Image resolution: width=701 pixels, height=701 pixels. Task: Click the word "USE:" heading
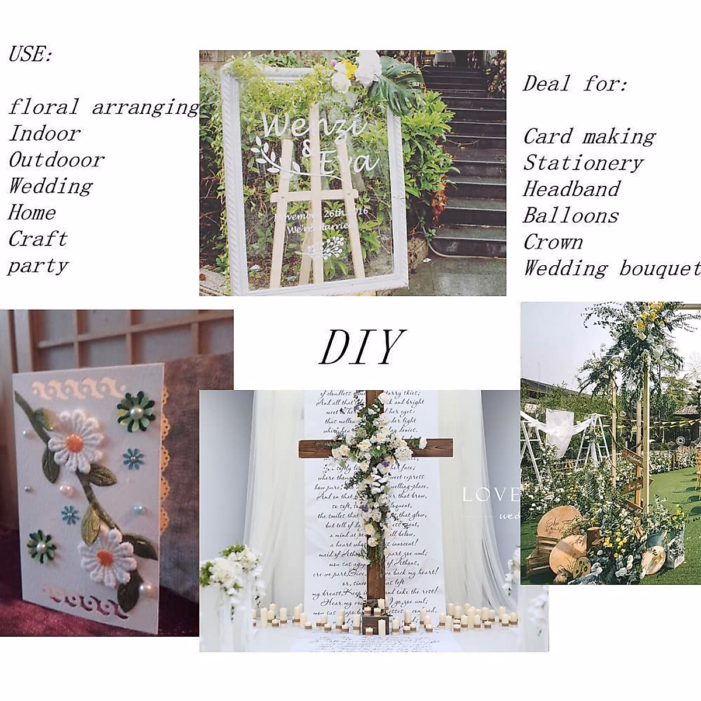31,54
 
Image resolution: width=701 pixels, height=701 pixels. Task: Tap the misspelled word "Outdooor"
57,159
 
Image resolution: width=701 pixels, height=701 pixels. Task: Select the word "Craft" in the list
38,238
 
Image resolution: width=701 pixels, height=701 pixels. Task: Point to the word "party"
39,266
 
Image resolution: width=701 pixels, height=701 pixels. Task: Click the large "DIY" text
362,347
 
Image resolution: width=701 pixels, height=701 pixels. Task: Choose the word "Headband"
572,189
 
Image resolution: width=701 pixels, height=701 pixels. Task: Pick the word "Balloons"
571,216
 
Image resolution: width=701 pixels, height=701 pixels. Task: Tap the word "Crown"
553,242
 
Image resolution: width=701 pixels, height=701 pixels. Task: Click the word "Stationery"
584,162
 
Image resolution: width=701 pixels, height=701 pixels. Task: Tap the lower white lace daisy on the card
108,560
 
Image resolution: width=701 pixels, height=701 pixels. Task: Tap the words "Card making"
589,136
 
